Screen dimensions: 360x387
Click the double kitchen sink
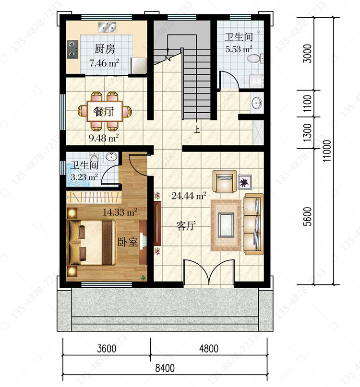pyautogui.click(x=107, y=27)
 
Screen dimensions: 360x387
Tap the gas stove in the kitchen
pyautogui.click(x=72, y=49)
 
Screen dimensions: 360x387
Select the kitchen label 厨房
pyautogui.click(x=105, y=49)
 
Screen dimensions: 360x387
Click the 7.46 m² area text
pyautogui.click(x=104, y=63)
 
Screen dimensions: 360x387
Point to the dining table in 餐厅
pyautogui.click(x=105, y=111)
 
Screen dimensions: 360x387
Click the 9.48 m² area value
pyautogui.click(x=104, y=138)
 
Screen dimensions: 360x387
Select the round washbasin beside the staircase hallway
pyautogui.click(x=257, y=103)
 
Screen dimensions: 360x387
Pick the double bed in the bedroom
pyautogui.click(x=91, y=243)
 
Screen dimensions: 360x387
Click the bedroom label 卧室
pyautogui.click(x=128, y=242)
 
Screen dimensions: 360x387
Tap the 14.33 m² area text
pyautogui.click(x=120, y=212)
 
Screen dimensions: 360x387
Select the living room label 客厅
pyautogui.click(x=186, y=225)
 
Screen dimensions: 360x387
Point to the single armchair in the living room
pyautogui.click(x=224, y=181)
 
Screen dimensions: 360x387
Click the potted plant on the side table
pyautogui.click(x=245, y=182)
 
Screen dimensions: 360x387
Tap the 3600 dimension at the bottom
pyautogui.click(x=107, y=349)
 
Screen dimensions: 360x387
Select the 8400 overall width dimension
pyautogui.click(x=165, y=368)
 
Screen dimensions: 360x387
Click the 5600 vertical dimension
pyautogui.click(x=308, y=216)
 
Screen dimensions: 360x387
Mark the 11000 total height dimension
pyautogui.click(x=327, y=151)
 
